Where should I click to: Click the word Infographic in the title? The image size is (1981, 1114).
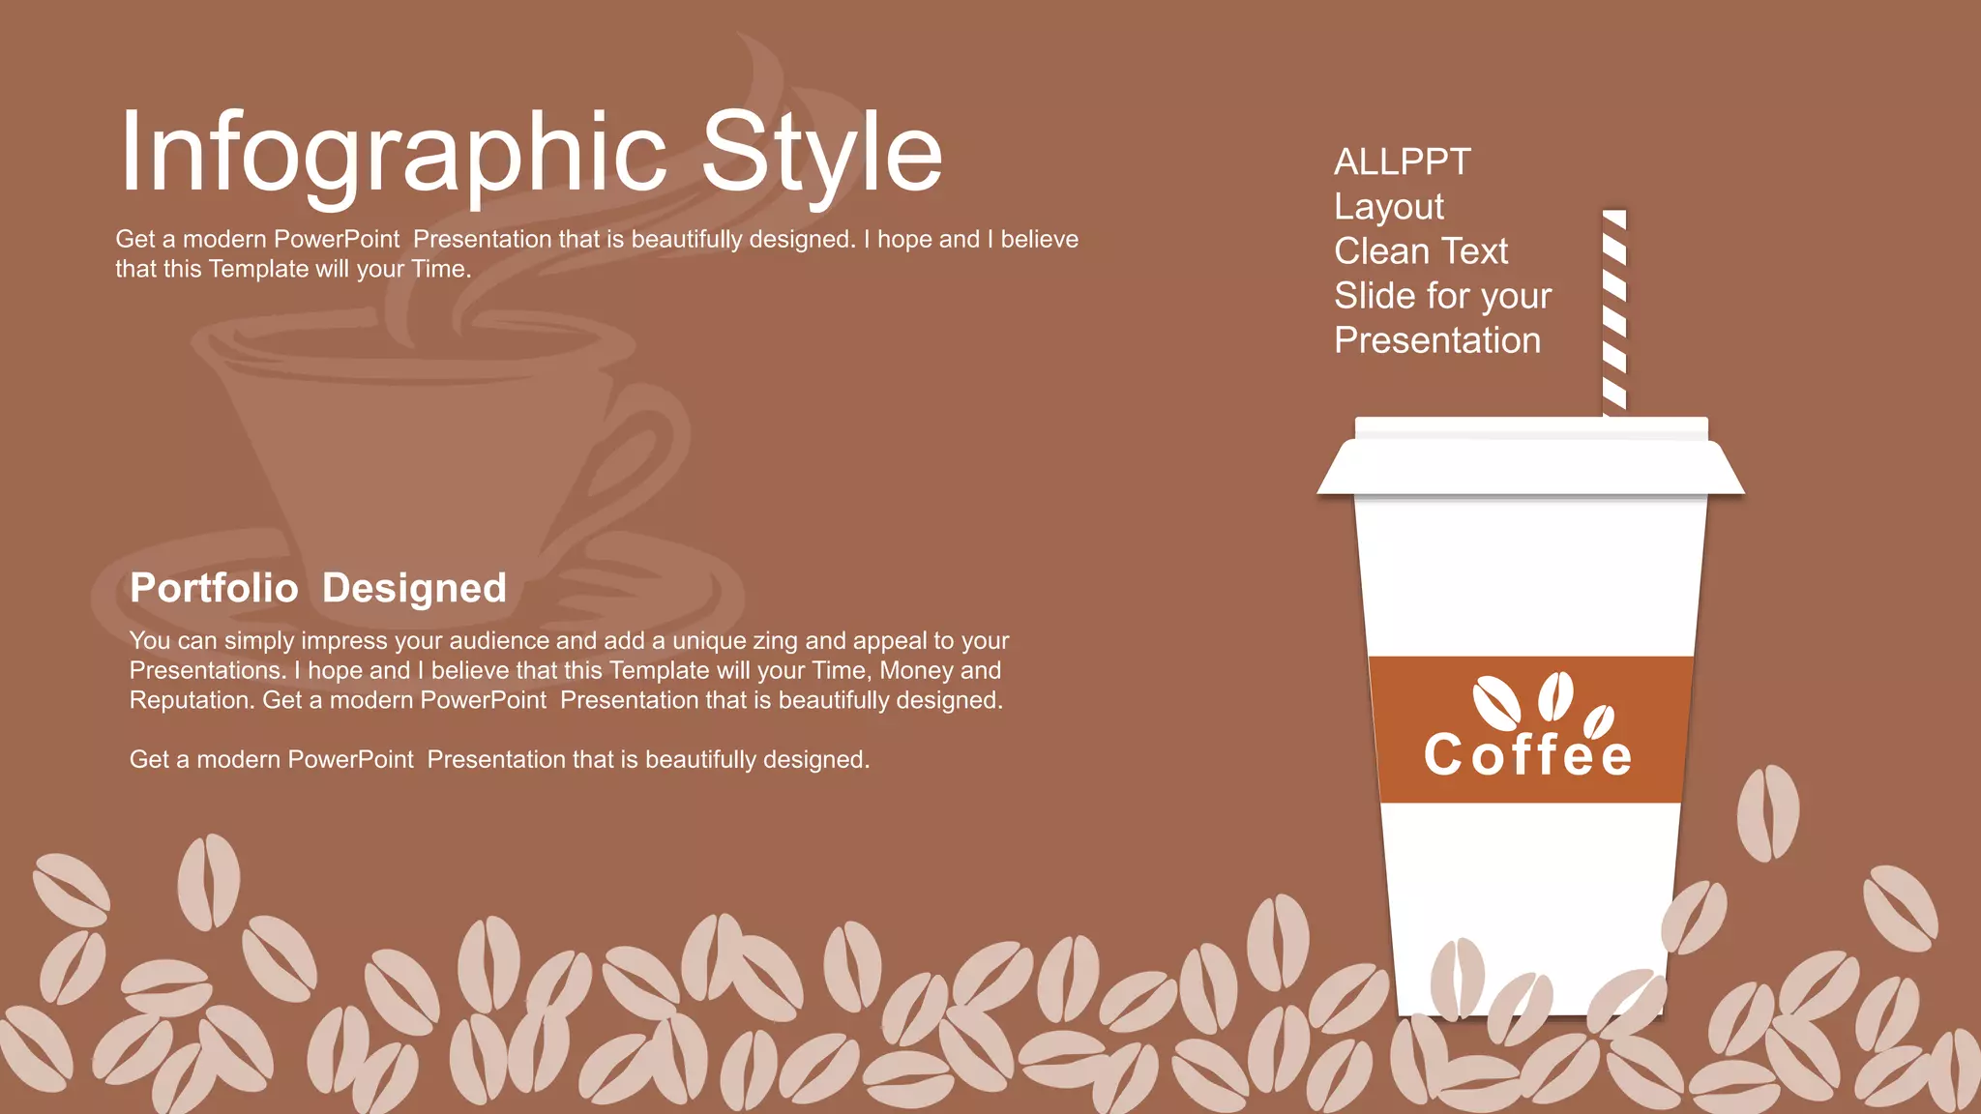pyautogui.click(x=392, y=153)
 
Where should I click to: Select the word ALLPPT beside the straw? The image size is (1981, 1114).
pyautogui.click(x=1402, y=162)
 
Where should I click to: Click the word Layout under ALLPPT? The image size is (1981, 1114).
pyautogui.click(x=1388, y=207)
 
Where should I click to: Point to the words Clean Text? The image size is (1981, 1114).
pyautogui.click(x=1420, y=251)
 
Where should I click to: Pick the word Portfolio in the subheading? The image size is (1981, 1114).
pyautogui.click(x=214, y=588)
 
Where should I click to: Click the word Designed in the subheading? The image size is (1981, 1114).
pyautogui.click(x=414, y=588)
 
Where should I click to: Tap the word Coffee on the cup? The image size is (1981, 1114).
pyautogui.click(x=1527, y=756)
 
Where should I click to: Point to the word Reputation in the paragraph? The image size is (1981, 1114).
pyautogui.click(x=190, y=700)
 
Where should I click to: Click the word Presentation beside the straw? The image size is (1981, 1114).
pyautogui.click(x=1436, y=340)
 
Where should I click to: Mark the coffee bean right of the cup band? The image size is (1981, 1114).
pyautogui.click(x=1767, y=812)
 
